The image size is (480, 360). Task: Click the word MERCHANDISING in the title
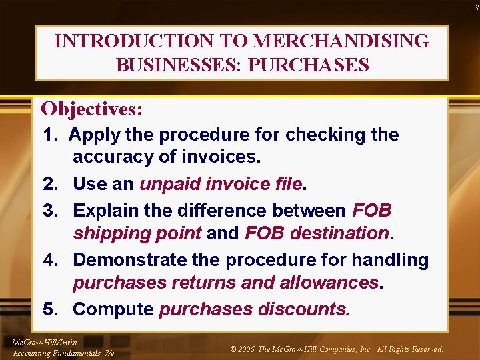[341, 41]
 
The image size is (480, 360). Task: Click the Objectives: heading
[92, 108]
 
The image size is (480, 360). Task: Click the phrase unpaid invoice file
[221, 183]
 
